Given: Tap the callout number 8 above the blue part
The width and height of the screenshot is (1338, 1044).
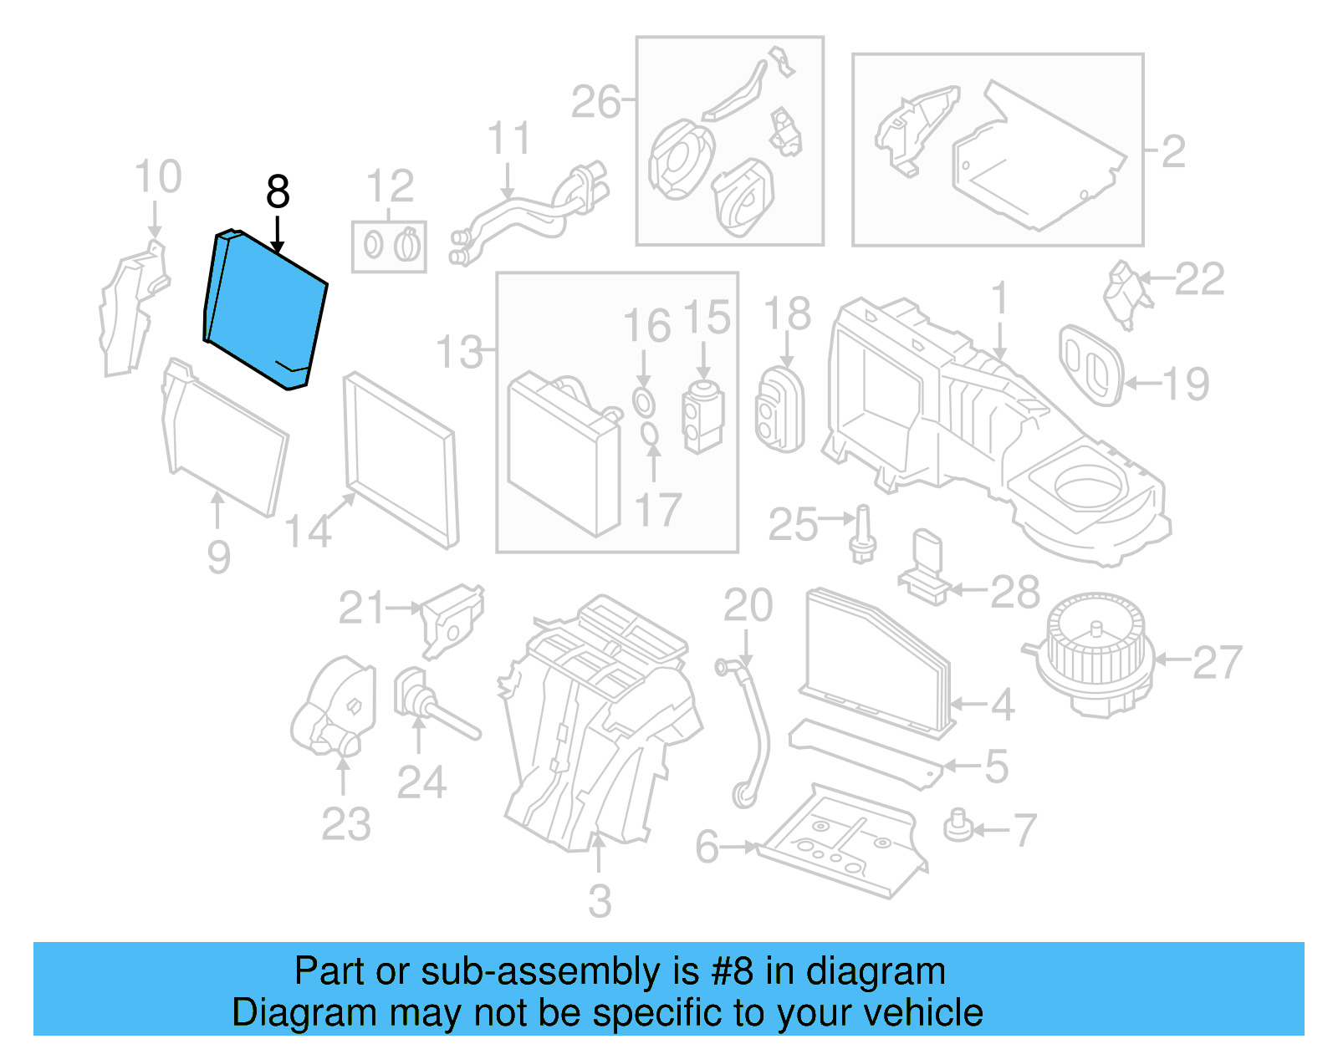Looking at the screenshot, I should click(x=278, y=192).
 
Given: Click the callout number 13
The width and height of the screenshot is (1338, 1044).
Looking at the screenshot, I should click(x=459, y=352).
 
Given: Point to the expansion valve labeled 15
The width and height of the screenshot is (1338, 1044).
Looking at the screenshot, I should click(x=703, y=415).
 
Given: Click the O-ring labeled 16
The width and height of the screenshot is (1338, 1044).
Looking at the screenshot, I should click(x=643, y=403).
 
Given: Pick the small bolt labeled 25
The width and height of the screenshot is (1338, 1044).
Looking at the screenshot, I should click(x=862, y=535).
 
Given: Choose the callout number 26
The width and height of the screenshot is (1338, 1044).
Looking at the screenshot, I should click(x=596, y=102).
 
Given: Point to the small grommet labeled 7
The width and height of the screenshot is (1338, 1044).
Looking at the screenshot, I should click(x=959, y=826).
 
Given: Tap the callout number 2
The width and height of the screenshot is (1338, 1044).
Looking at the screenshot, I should click(x=1173, y=152).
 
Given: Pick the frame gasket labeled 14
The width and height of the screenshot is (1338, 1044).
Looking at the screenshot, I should click(x=401, y=460).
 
